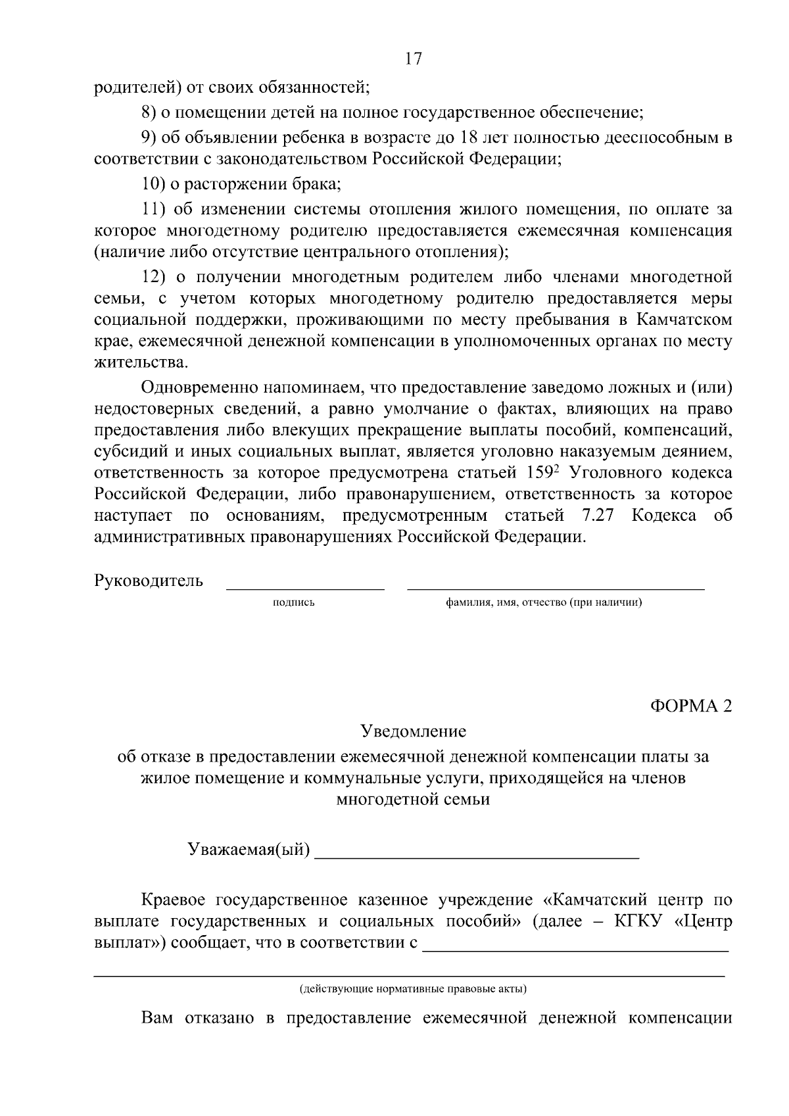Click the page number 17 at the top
pos(413,59)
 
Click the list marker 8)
pos(152,112)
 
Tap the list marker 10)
pos(155,184)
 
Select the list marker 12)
pos(155,277)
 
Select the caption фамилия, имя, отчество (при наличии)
pos(544,602)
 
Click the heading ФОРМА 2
pos(690,706)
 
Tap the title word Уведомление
pos(413,731)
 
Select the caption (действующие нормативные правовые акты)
pos(413,989)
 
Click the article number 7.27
pos(597,516)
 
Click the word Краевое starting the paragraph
pos(174,900)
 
